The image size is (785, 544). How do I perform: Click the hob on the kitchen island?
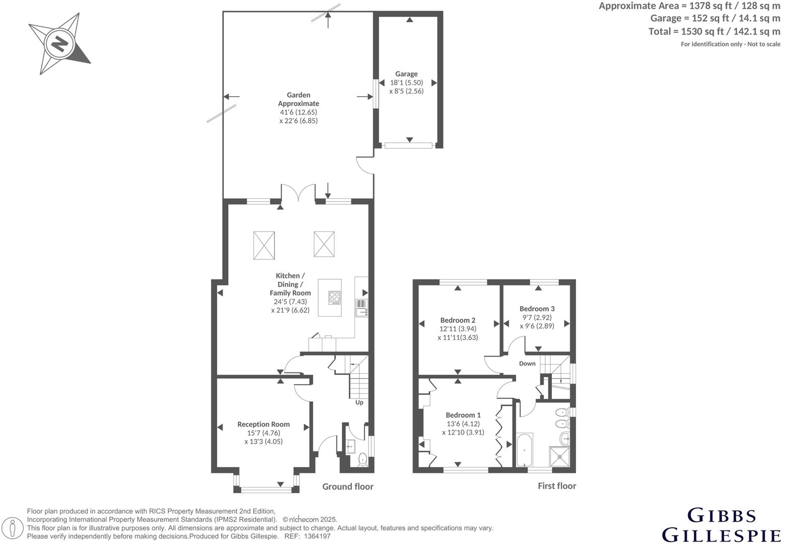point(334,298)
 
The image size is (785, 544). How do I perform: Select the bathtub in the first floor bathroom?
point(524,449)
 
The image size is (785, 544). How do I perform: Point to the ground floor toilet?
point(362,460)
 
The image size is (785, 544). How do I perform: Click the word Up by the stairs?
point(359,402)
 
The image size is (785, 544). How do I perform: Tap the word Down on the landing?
point(527,364)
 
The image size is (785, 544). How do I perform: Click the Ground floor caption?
point(347,487)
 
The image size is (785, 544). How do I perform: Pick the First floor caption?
point(556,486)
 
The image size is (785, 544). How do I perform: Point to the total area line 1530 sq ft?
point(714,31)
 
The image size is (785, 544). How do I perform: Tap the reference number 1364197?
point(317,536)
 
